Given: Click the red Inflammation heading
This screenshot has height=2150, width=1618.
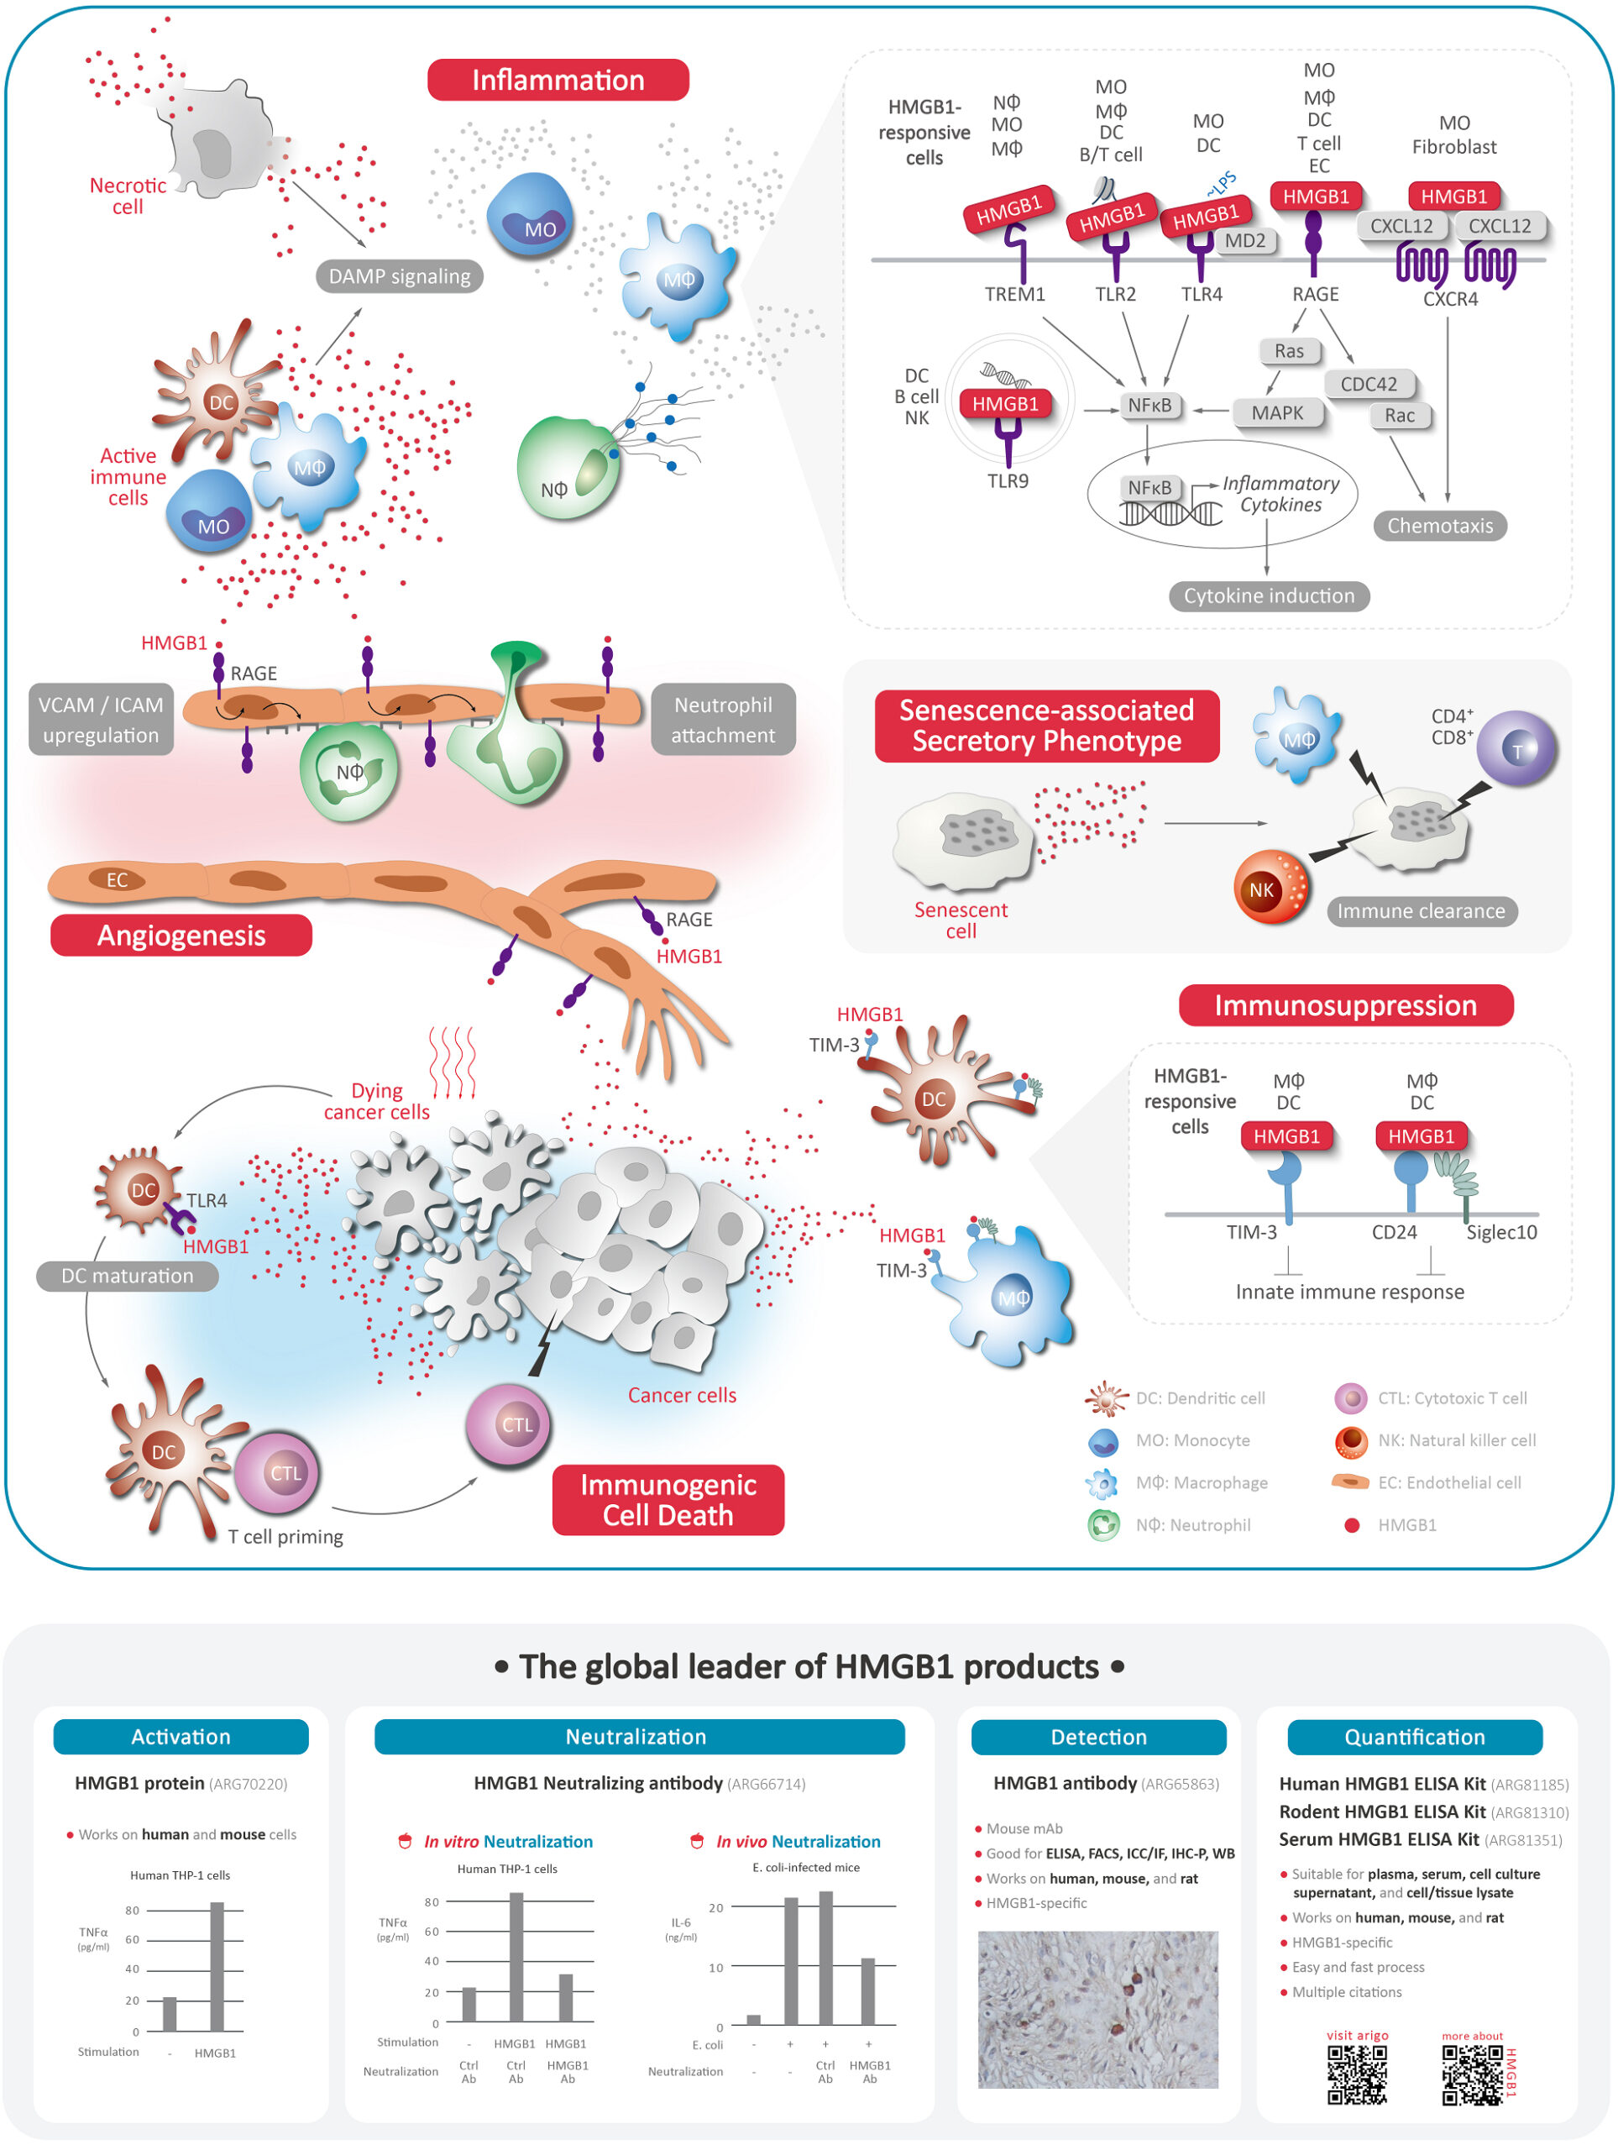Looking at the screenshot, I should coord(558,80).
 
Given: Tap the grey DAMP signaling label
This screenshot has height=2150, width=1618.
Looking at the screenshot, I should coord(399,276).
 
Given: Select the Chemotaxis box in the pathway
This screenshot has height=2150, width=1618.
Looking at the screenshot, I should coord(1439,526).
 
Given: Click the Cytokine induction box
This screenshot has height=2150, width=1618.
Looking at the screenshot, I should coord(1268,595).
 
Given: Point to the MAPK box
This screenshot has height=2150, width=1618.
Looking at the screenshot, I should coord(1277,413).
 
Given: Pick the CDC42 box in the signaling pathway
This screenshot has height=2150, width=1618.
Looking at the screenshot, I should coord(1369,384).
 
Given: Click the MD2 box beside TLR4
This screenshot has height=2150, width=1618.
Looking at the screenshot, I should coord(1245,241).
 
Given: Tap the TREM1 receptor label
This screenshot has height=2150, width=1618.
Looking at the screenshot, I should coord(1014,295).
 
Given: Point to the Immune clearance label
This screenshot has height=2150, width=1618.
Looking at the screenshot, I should coord(1421,910).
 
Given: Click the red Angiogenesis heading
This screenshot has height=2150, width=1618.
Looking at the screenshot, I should coord(181,935).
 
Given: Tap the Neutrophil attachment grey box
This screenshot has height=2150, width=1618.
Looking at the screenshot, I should coord(723,719).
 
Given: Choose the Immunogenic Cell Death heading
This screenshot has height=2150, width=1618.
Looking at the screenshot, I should coord(668,1500).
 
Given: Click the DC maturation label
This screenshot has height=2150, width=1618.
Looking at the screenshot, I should coord(128,1275).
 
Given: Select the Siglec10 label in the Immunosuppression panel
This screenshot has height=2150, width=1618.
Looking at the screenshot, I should coord(1501,1232).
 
